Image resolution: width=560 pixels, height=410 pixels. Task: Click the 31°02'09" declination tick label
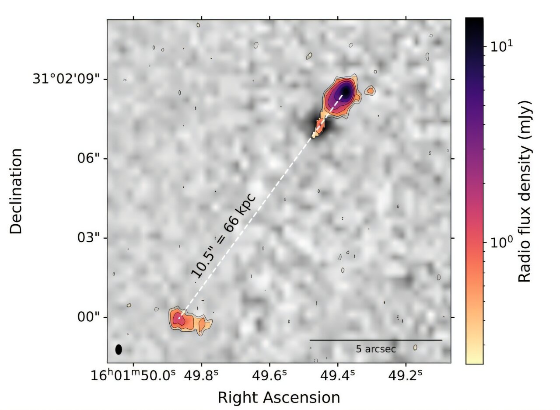[69, 80]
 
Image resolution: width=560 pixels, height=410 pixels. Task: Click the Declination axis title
[16, 191]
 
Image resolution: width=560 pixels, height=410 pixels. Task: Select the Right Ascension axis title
[279, 397]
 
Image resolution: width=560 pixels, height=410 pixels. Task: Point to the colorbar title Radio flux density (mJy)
[524, 191]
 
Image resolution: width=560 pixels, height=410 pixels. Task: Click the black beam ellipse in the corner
[119, 349]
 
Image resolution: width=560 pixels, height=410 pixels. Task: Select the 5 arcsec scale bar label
[376, 349]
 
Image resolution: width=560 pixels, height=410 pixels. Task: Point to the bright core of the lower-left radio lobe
[178, 319]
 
